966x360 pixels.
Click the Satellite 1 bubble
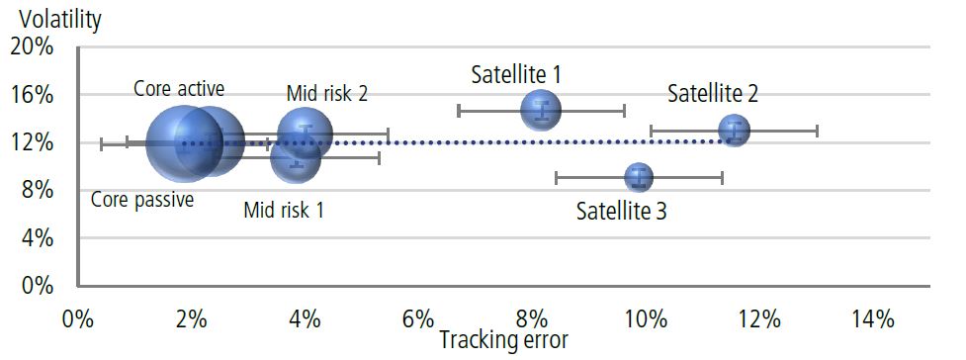[541, 110]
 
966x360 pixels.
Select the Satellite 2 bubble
[734, 130]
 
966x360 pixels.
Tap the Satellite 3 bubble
[640, 178]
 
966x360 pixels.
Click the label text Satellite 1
[516, 74]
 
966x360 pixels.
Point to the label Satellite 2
[713, 94]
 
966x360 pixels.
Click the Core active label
[179, 88]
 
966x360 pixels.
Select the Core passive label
[142, 200]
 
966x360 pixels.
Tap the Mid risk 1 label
[284, 210]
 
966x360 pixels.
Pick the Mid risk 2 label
[327, 94]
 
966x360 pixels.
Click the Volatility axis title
[54, 18]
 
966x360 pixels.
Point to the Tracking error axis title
[504, 339]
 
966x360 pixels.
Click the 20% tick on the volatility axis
[32, 47]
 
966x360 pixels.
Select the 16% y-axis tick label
[32, 95]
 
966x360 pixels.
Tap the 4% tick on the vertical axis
[37, 238]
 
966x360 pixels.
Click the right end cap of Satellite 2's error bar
[817, 131]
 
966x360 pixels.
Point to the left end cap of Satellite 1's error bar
[460, 110]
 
